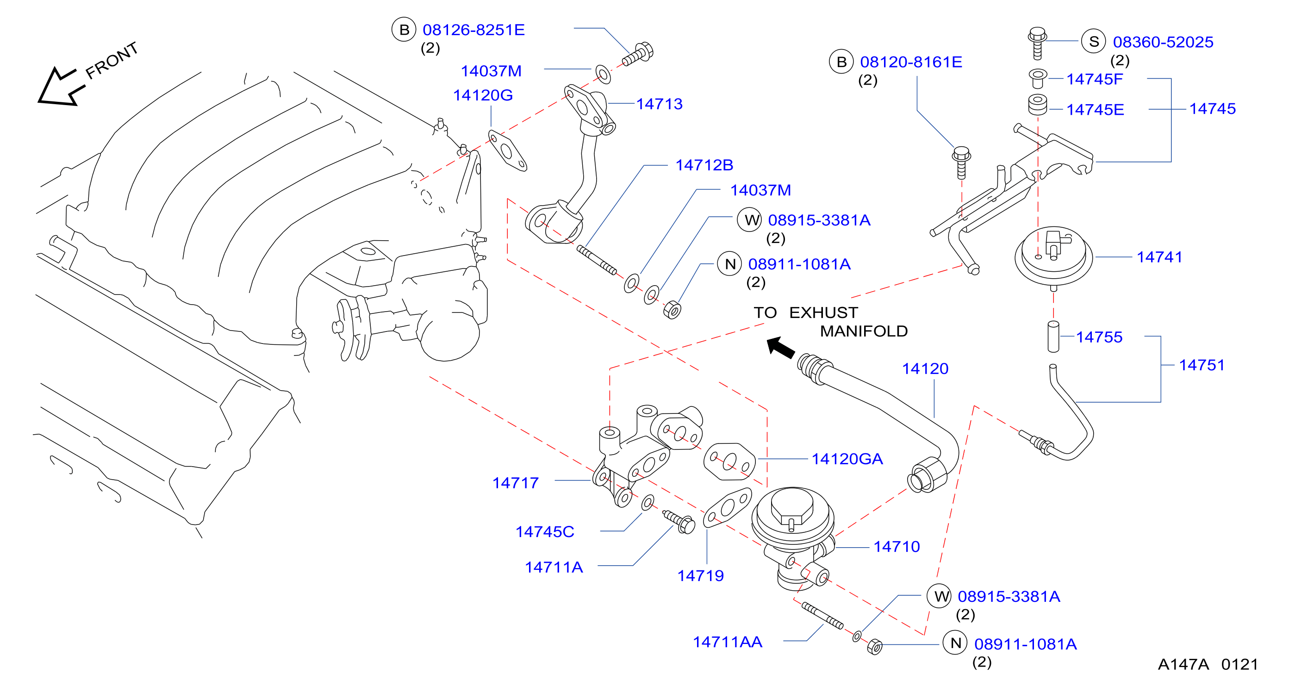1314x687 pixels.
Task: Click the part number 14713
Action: pyautogui.click(x=659, y=104)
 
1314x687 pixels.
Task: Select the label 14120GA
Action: pyautogui.click(x=847, y=459)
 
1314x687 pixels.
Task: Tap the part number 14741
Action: pyautogui.click(x=1159, y=257)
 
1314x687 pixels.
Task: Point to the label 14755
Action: pyautogui.click(x=1099, y=337)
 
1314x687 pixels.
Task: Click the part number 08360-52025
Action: pyautogui.click(x=1163, y=42)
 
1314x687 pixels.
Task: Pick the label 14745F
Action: pyautogui.click(x=1095, y=79)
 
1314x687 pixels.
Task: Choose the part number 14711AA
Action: pyautogui.click(x=728, y=642)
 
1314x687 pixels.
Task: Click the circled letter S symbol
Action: pyautogui.click(x=1094, y=41)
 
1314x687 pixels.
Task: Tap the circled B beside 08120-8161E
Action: pyautogui.click(x=841, y=62)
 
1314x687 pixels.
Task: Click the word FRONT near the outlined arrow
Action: pyautogui.click(x=112, y=60)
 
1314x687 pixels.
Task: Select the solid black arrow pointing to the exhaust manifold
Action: pyautogui.click(x=781, y=347)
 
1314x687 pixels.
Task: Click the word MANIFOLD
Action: pyautogui.click(x=864, y=331)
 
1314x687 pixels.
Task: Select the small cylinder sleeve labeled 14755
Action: pyautogui.click(x=1053, y=337)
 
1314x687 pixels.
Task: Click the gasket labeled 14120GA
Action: pyautogui.click(x=729, y=462)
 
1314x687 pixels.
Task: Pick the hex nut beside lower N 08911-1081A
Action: pyautogui.click(x=875, y=647)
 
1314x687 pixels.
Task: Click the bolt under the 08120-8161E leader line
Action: pyautogui.click(x=961, y=162)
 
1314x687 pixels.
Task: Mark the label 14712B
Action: pyautogui.click(x=704, y=165)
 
